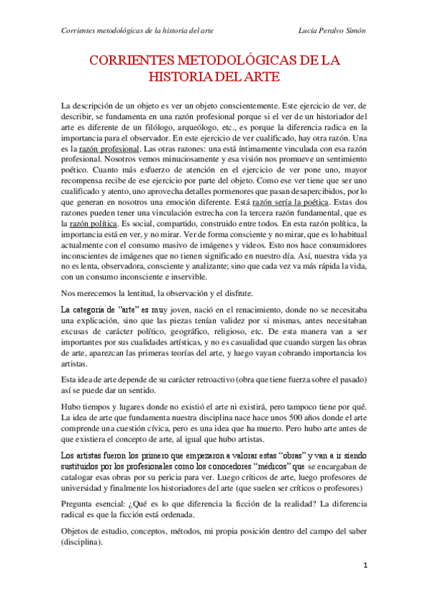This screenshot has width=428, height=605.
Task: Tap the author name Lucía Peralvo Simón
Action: pyautogui.click(x=332, y=31)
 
